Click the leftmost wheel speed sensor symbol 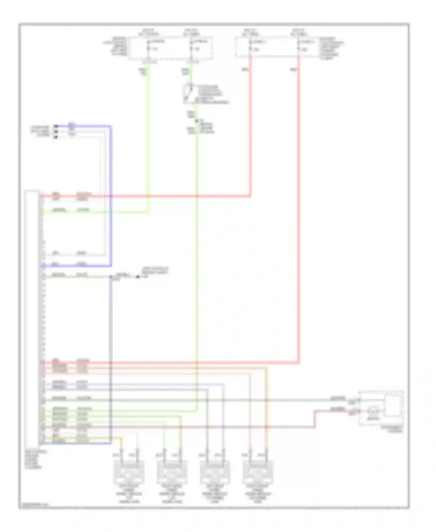pyautogui.click(x=129, y=472)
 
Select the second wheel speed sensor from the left pyautogui.click(x=172, y=472)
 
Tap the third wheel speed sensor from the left pyautogui.click(x=215, y=472)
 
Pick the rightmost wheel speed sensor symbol pyautogui.click(x=258, y=472)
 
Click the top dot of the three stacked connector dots pyautogui.click(x=56, y=126)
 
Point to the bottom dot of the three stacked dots pyautogui.click(x=56, y=137)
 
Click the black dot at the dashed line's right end pyautogui.click(x=138, y=276)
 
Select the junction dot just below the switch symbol pyautogui.click(x=197, y=121)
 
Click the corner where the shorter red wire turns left pyautogui.click(x=250, y=196)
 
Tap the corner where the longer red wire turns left pyautogui.click(x=299, y=363)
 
